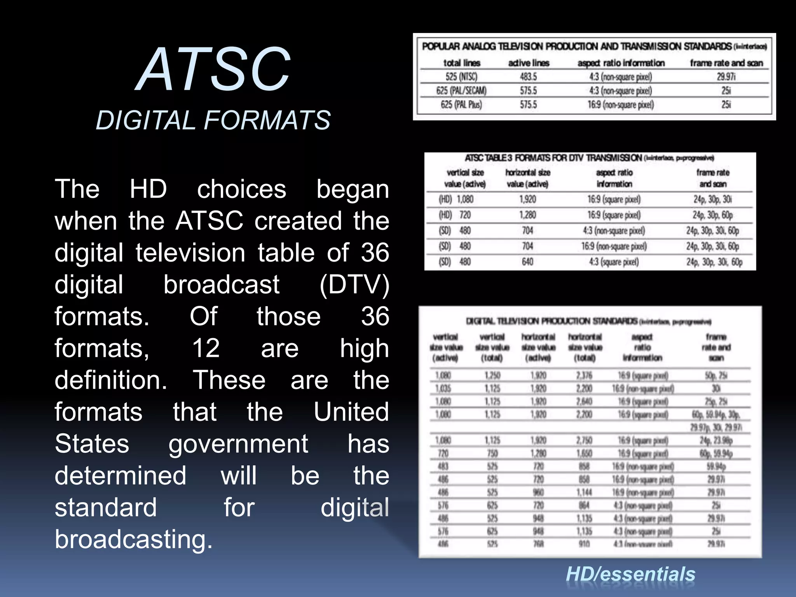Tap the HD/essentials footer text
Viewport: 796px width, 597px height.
click(x=630, y=574)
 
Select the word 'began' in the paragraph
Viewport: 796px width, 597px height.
click(x=352, y=189)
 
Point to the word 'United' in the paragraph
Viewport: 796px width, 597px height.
click(x=351, y=412)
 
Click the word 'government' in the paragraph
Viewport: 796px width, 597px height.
click(x=238, y=444)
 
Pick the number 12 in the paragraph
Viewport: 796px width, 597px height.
click(x=206, y=348)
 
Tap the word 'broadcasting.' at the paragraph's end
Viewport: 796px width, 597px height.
click(x=134, y=539)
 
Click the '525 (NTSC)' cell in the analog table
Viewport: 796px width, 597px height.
click(x=461, y=77)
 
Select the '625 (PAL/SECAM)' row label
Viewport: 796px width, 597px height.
click(x=461, y=91)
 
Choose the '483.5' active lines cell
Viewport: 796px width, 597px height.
click(x=528, y=77)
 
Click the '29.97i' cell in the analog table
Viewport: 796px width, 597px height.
click(x=726, y=77)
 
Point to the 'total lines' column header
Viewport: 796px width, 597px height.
click(x=462, y=63)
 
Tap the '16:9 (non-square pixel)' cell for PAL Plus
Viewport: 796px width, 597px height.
click(x=620, y=105)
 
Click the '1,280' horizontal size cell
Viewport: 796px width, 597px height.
click(x=527, y=215)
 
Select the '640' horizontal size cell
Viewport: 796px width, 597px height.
click(x=527, y=262)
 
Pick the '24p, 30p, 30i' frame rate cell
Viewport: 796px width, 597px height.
click(x=712, y=199)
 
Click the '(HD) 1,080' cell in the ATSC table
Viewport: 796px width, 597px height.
click(x=456, y=199)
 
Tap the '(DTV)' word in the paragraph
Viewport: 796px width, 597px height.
click(x=354, y=285)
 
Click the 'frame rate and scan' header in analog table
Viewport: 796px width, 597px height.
click(x=726, y=63)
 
